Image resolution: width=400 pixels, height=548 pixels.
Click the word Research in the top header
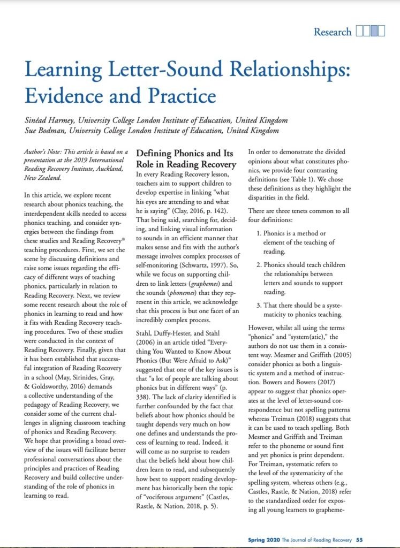333,32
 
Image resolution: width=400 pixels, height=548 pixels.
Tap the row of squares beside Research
371,32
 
